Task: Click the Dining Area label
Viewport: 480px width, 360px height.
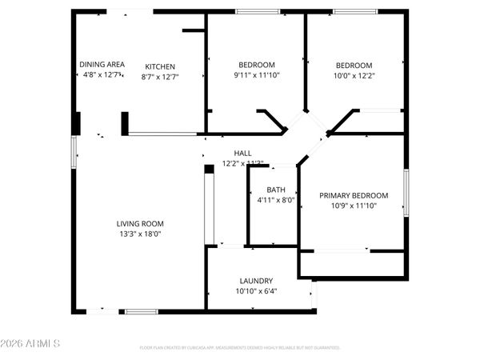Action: pyautogui.click(x=102, y=64)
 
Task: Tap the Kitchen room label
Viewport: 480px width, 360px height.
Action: pyautogui.click(x=160, y=66)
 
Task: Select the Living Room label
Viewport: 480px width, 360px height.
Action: pyautogui.click(x=141, y=224)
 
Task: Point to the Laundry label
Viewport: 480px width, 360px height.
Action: pyautogui.click(x=256, y=281)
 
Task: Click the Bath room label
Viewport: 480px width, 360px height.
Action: pyautogui.click(x=276, y=190)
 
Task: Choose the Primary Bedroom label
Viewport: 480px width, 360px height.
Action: pyautogui.click(x=354, y=195)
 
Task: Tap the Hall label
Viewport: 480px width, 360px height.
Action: pyautogui.click(x=242, y=153)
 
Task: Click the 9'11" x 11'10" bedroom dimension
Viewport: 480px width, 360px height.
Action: pyautogui.click(x=257, y=75)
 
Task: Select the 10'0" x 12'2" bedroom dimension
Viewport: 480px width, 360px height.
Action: pyautogui.click(x=354, y=75)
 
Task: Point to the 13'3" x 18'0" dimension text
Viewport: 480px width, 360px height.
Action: pyautogui.click(x=141, y=234)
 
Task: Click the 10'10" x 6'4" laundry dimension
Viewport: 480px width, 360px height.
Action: pyautogui.click(x=256, y=291)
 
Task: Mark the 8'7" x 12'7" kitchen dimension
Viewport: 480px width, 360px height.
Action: pyautogui.click(x=160, y=77)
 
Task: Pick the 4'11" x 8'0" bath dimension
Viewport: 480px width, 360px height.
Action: pyautogui.click(x=276, y=200)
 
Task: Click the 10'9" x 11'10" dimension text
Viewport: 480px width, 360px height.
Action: pyautogui.click(x=354, y=206)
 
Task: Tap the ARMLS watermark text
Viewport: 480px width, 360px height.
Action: pyautogui.click(x=34, y=344)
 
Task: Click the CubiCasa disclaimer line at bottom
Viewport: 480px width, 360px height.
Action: pyautogui.click(x=240, y=348)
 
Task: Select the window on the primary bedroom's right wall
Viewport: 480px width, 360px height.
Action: pyautogui.click(x=406, y=192)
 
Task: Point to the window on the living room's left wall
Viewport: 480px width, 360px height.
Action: pyautogui.click(x=74, y=150)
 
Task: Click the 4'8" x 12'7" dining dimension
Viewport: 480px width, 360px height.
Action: pyautogui.click(x=102, y=74)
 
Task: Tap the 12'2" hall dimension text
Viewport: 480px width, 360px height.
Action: pyautogui.click(x=242, y=162)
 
